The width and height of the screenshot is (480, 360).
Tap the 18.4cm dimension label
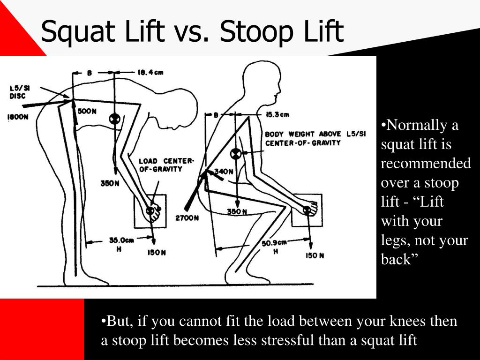click(x=150, y=72)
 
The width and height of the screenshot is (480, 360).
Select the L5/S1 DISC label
click(x=18, y=92)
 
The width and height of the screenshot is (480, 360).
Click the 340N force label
click(x=224, y=172)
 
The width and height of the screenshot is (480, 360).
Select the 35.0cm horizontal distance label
click(x=121, y=240)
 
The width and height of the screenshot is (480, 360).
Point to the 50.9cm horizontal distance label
click(x=274, y=242)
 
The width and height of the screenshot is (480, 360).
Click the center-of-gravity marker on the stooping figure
click(x=113, y=119)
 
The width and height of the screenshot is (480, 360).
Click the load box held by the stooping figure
click(x=150, y=211)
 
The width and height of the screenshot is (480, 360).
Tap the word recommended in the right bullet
click(x=426, y=164)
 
